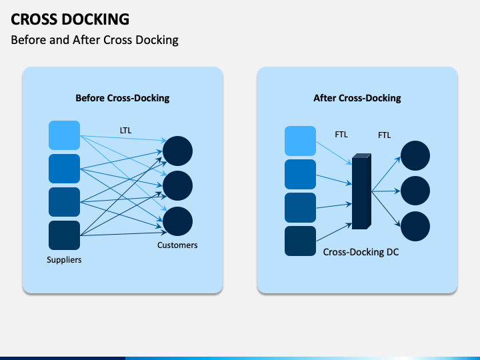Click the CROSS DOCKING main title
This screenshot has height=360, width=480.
[70, 19]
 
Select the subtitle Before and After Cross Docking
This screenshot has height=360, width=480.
[95, 40]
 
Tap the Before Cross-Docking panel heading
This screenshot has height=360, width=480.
[123, 98]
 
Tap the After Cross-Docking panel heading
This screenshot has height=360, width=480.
[357, 98]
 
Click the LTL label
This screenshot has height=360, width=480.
[126, 131]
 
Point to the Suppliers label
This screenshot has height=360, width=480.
[64, 260]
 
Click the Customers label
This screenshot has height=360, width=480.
[177, 245]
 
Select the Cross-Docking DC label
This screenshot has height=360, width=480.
[361, 252]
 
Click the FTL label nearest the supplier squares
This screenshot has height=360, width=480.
[341, 135]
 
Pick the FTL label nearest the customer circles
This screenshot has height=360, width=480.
[385, 135]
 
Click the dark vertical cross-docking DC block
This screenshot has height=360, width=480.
[361, 191]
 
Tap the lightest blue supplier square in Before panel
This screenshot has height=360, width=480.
[64, 135]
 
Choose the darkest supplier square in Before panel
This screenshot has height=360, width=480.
[64, 235]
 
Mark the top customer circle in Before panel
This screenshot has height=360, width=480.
[177, 151]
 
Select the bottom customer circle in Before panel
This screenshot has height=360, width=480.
[177, 221]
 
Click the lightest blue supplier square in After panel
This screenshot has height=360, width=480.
[300, 141]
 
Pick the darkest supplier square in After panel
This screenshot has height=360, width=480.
[300, 241]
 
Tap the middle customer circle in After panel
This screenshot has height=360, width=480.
[415, 191]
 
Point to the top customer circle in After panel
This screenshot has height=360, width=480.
[415, 155]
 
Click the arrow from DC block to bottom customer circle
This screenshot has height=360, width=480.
[386, 209]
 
